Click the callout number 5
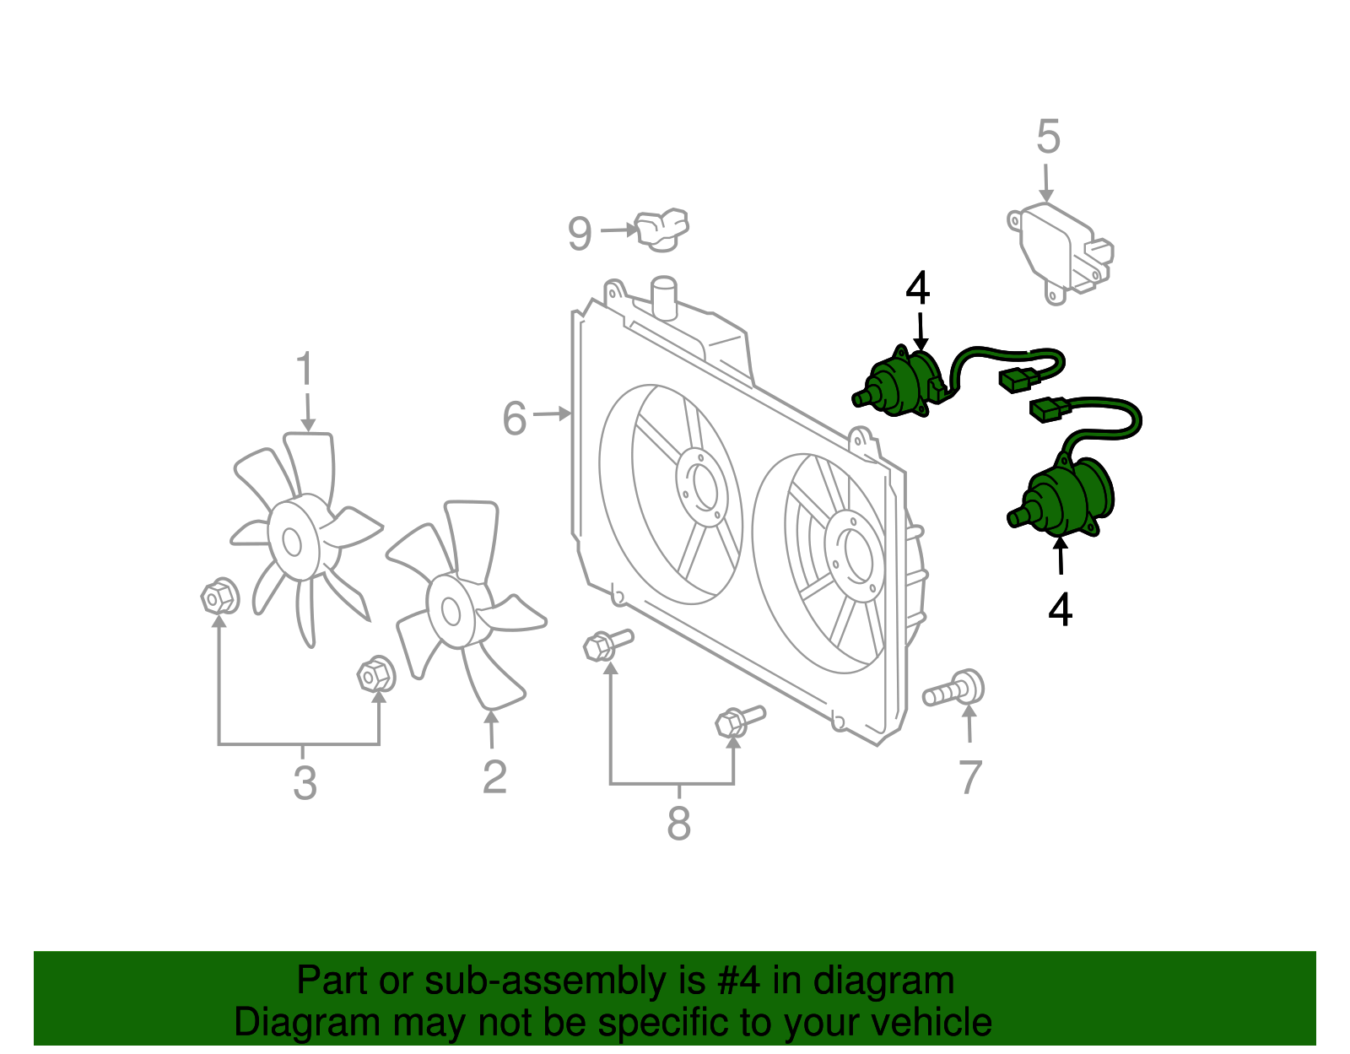[x=1047, y=137]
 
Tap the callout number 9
[x=579, y=234]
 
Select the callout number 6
[x=514, y=419]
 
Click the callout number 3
[x=305, y=782]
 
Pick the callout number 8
[x=678, y=823]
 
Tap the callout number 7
[x=970, y=776]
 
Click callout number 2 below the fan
[x=494, y=776]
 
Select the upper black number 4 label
[x=917, y=289]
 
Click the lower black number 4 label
[x=1060, y=609]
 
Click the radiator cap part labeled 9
[x=662, y=230]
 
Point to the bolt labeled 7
[x=955, y=691]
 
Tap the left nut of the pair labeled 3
[x=219, y=597]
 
